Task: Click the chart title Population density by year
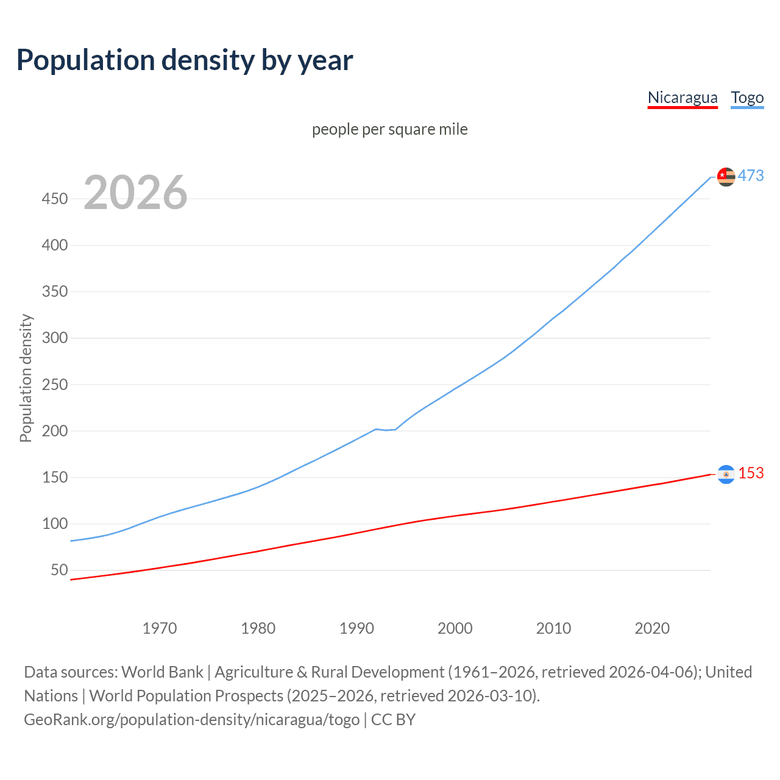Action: [185, 60]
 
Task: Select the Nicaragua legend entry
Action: [682, 97]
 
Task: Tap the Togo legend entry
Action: [747, 97]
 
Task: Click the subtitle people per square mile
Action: [389, 129]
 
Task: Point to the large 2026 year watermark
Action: [135, 193]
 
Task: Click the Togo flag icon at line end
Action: [726, 177]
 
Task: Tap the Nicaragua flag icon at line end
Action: [726, 474]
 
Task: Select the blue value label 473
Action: [751, 175]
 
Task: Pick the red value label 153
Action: [751, 473]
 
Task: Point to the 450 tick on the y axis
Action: [55, 199]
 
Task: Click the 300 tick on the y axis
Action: [55, 338]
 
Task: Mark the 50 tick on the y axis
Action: [59, 570]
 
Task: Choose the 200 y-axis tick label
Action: [55, 431]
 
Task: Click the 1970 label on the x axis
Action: [160, 628]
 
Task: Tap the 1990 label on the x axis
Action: [356, 628]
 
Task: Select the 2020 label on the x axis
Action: [652, 628]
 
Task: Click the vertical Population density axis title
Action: [26, 378]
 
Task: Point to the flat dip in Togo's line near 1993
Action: [386, 430]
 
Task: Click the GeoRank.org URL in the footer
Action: [192, 720]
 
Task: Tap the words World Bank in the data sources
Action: [162, 672]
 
